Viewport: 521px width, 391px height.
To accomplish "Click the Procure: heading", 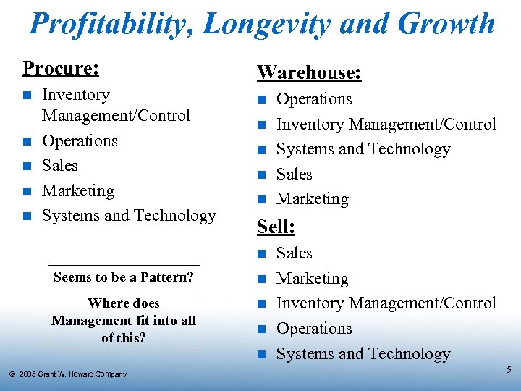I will point(61,68).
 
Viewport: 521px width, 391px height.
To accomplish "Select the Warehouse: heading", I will point(309,72).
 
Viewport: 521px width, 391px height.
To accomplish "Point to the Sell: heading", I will point(276,227).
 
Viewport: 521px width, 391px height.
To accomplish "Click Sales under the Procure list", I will point(60,166).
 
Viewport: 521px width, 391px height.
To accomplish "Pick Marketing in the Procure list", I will point(78,191).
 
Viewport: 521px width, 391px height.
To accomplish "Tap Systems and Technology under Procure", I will point(129,216).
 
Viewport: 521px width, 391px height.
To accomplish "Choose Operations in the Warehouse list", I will point(314,99).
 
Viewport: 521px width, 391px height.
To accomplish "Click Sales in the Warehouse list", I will point(295,175).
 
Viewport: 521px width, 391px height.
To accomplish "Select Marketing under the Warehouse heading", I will point(313,199).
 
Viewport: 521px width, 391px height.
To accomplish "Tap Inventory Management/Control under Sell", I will point(386,303).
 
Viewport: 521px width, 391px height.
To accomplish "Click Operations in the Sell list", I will point(314,329).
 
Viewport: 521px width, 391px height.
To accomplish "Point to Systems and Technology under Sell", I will point(363,354).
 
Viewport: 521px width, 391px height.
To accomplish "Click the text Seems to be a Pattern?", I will point(124,277).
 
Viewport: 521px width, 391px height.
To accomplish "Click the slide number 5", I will point(509,370).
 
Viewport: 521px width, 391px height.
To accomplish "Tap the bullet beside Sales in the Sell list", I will point(262,253).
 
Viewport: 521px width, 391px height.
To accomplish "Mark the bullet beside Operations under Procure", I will point(27,141).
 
